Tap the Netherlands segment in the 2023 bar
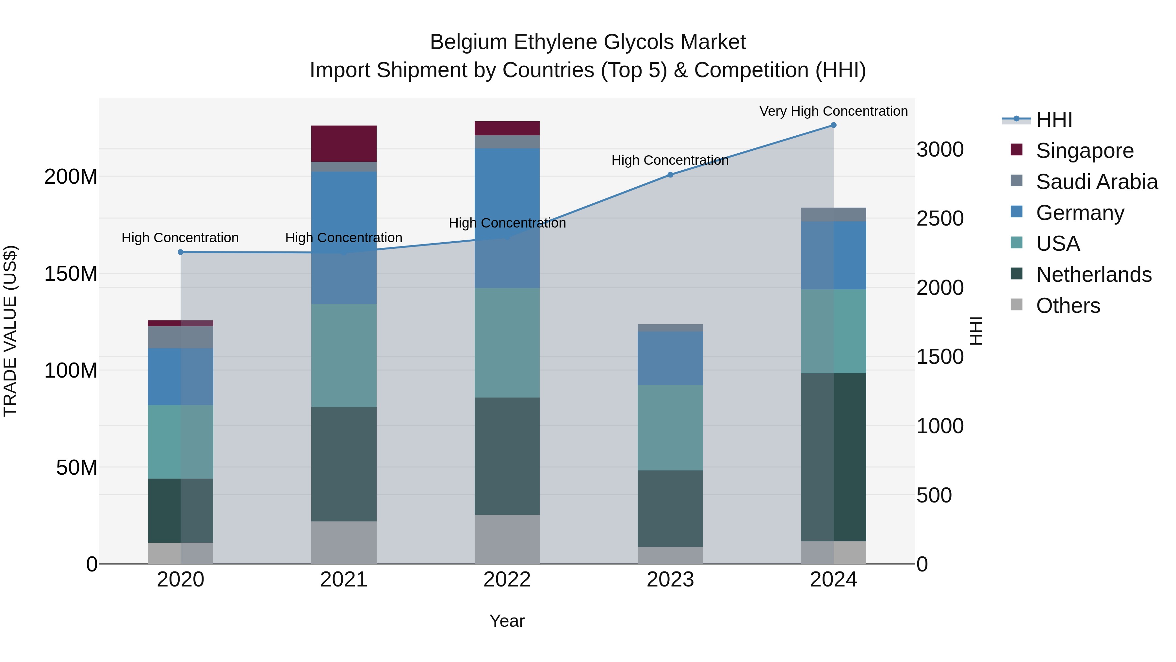pyautogui.click(x=670, y=508)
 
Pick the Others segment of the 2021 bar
pyautogui.click(x=344, y=542)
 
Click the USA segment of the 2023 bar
pyautogui.click(x=670, y=428)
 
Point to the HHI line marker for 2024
pyautogui.click(x=833, y=125)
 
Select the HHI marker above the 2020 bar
pyautogui.click(x=180, y=252)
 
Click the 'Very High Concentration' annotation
pyautogui.click(x=833, y=111)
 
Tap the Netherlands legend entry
pyautogui.click(x=1093, y=275)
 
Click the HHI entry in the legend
pyautogui.click(x=1053, y=120)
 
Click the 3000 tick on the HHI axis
pyautogui.click(x=940, y=149)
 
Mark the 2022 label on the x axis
pyautogui.click(x=507, y=580)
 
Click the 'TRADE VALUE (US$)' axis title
pyautogui.click(x=10, y=331)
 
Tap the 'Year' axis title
pyautogui.click(x=507, y=621)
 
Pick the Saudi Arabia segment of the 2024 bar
pyautogui.click(x=833, y=214)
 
